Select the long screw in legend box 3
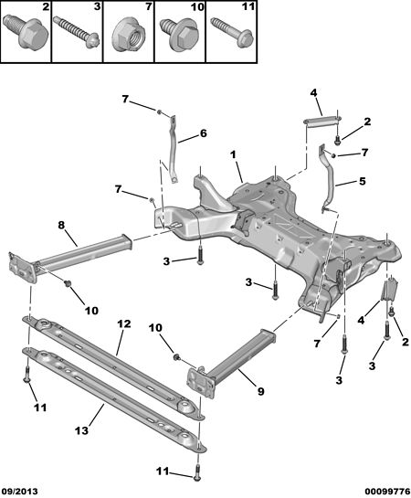[x=77, y=33]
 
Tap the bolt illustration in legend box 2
[x=26, y=31]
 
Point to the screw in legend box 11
[x=231, y=33]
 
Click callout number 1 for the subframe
[x=234, y=155]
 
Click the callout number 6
[x=203, y=133]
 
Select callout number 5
[x=362, y=181]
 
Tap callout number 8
[x=61, y=225]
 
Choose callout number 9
[x=260, y=391]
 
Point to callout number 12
[x=124, y=323]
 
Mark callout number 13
[x=81, y=430]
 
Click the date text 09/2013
[x=19, y=492]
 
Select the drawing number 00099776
[x=387, y=492]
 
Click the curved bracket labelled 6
[x=174, y=149]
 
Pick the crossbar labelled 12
[x=113, y=367]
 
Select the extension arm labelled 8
[x=69, y=259]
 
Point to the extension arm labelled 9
[x=232, y=362]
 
